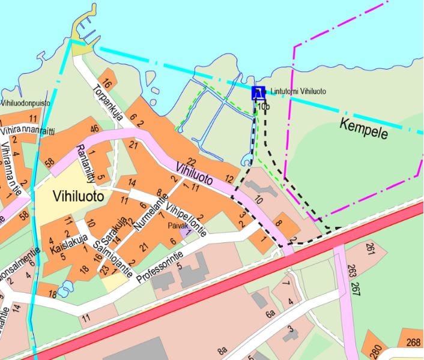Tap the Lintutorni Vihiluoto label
pos(298,91)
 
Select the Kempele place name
pos(364,128)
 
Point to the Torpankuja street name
pos(108,103)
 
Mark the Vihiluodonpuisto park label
pos(25,103)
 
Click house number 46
pos(94,128)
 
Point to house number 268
pos(413,343)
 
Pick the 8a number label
pos(223,350)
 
